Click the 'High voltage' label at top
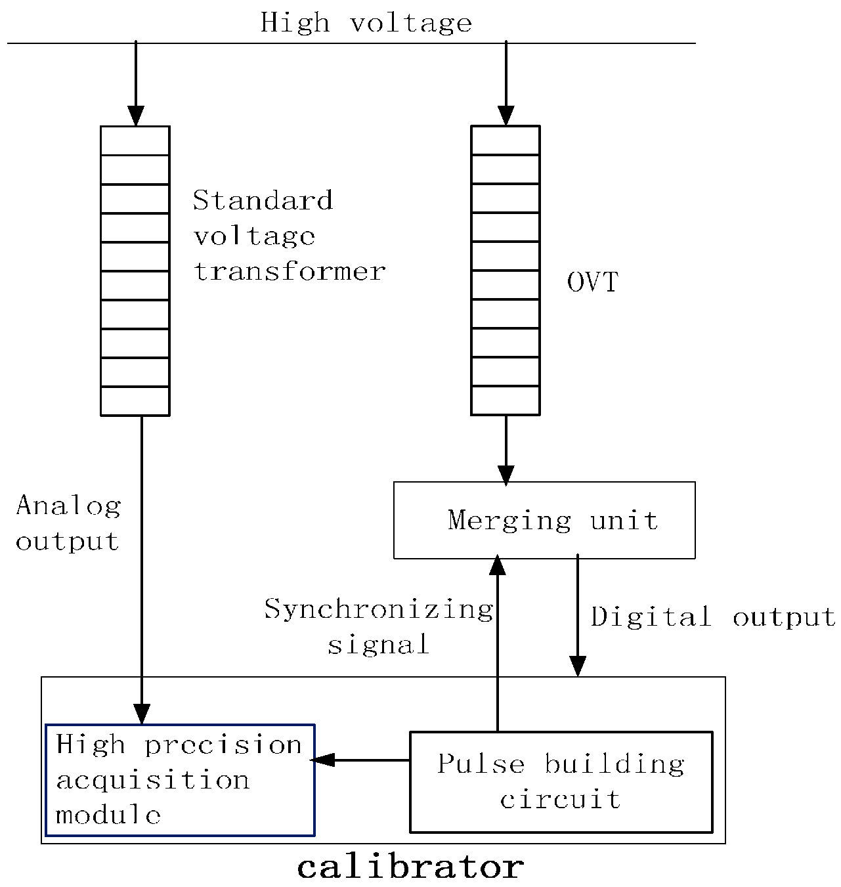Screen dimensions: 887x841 (366, 23)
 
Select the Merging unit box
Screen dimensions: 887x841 (544, 520)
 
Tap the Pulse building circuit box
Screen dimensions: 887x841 (561, 782)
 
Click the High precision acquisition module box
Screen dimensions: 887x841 (180, 780)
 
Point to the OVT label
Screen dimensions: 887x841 (592, 282)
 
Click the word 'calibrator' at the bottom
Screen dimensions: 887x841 (410, 867)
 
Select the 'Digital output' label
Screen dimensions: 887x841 (713, 617)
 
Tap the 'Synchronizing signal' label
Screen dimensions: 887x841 (379, 626)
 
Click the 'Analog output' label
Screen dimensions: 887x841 (68, 523)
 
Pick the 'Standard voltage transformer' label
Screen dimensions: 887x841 (289, 236)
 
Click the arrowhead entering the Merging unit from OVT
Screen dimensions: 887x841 (506, 475)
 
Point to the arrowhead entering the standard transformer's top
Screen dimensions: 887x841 (135, 116)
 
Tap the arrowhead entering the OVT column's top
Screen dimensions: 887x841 (506, 116)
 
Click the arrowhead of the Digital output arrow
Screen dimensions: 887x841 (578, 666)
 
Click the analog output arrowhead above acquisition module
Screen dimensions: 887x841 (142, 714)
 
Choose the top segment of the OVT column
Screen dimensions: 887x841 (506, 141)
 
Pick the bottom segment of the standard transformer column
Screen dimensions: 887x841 (135, 401)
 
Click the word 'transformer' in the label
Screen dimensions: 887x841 (289, 271)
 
